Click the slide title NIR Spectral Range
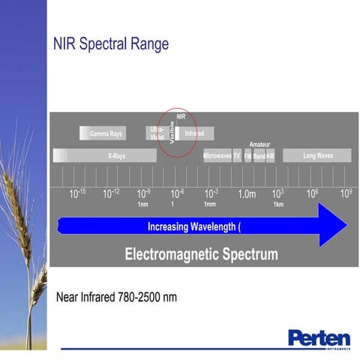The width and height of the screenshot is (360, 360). tap(110, 43)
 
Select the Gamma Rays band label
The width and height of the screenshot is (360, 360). tap(106, 134)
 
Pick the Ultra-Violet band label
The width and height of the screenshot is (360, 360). tap(157, 133)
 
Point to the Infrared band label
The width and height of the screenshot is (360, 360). tap(194, 133)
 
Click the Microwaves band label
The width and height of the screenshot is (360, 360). tap(217, 156)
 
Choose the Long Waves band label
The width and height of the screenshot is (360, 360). tap(317, 156)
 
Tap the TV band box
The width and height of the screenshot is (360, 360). tap(237, 156)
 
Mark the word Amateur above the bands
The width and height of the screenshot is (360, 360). tap(259, 145)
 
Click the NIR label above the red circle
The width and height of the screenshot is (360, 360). tap(181, 116)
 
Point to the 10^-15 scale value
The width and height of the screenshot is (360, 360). tap(78, 193)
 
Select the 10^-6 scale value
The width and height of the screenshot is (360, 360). tap(177, 193)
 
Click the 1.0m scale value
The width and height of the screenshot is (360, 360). tap(247, 194)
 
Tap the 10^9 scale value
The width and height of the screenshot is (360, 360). tap(346, 193)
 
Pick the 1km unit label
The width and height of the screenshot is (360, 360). tap(277, 205)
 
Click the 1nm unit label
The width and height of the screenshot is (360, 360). tap(142, 205)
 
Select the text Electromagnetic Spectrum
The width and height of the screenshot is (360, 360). tap(201, 254)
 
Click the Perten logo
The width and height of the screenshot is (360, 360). tap(318, 337)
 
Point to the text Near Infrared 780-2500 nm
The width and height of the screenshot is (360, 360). tap(116, 297)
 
